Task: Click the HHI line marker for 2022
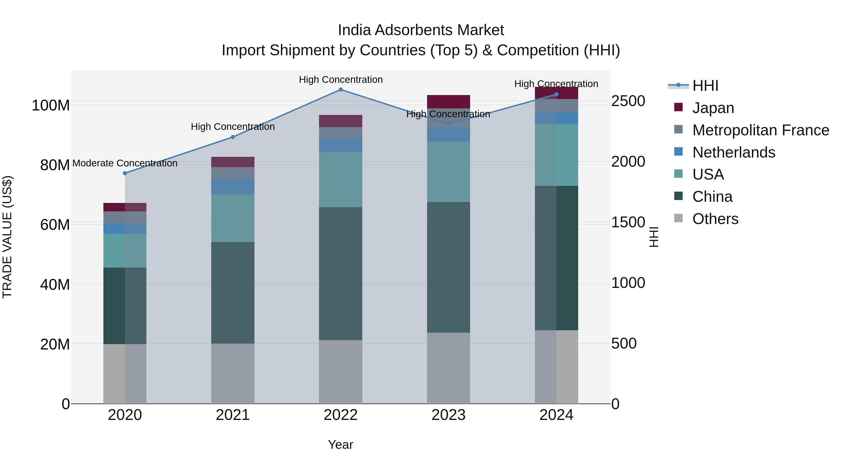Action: [341, 89]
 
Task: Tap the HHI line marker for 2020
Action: [125, 173]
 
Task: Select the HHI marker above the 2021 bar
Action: [233, 137]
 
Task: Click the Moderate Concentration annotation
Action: [125, 163]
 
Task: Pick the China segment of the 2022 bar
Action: [341, 273]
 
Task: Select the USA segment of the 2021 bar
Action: [233, 218]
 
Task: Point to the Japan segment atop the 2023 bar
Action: [448, 101]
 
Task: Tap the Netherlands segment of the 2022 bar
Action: [341, 145]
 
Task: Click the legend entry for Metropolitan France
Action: [760, 130]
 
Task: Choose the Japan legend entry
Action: [713, 108]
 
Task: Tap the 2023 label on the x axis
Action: [448, 415]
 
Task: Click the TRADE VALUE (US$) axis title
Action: [7, 237]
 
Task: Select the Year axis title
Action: [341, 445]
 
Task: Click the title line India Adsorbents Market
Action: [421, 30]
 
